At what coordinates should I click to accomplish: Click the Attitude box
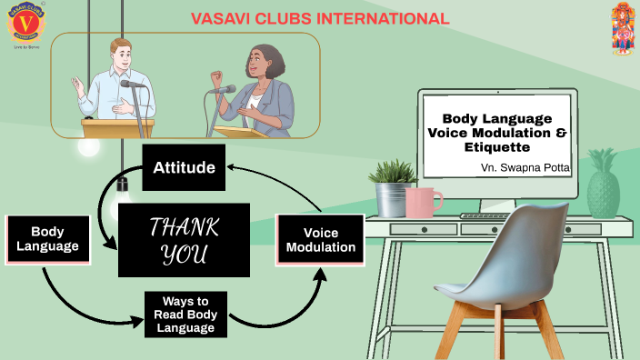[185, 167]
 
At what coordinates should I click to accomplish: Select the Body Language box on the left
[47, 238]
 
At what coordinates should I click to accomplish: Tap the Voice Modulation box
[320, 240]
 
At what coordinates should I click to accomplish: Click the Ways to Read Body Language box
[185, 314]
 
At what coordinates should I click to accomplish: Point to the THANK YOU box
[184, 240]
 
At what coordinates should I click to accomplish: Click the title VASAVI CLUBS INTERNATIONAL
[320, 18]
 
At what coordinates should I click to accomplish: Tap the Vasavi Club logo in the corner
[25, 25]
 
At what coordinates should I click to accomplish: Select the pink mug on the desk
[423, 202]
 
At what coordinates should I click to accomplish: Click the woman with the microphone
[264, 86]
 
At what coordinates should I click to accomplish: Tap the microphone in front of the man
[133, 85]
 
